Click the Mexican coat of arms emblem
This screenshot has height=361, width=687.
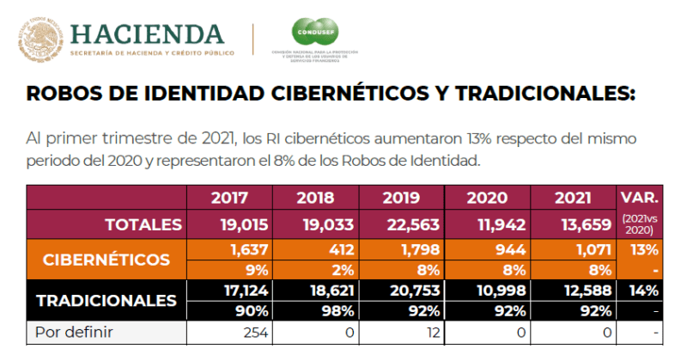pos(37,37)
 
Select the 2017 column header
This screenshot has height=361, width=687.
pos(229,197)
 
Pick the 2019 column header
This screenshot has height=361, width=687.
pos(401,197)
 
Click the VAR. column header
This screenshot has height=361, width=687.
pos(639,197)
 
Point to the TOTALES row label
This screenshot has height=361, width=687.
pos(143,224)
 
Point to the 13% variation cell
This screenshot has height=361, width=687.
pos(642,250)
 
